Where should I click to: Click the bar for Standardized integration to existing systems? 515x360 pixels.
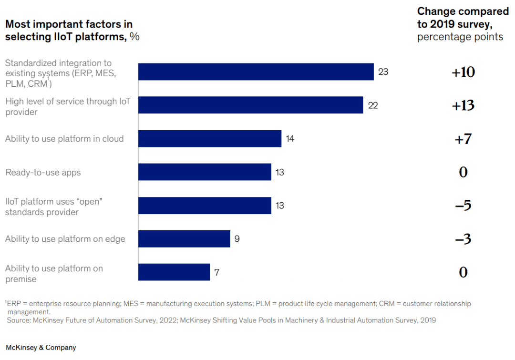[x=256, y=72]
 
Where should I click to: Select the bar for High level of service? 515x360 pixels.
[x=251, y=105]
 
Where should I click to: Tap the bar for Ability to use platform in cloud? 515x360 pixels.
[x=210, y=139]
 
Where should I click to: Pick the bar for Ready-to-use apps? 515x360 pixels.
[x=205, y=172]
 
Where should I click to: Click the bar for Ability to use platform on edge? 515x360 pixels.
[x=184, y=239]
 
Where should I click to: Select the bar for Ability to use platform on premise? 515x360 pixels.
[x=174, y=272]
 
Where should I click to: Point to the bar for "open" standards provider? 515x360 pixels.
[x=205, y=206]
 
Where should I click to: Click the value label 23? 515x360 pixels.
[x=383, y=72]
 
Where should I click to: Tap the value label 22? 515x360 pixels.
[x=373, y=105]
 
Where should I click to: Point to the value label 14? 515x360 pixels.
[x=290, y=139]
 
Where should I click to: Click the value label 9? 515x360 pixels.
[x=237, y=239]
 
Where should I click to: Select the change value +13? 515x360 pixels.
[x=463, y=105]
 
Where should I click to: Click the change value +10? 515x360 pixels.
[x=463, y=72]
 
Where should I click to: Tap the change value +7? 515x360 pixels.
[x=463, y=139]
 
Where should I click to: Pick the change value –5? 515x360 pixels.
[x=463, y=206]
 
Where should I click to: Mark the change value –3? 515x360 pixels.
[x=463, y=239]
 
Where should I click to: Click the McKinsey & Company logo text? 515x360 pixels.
[x=41, y=348]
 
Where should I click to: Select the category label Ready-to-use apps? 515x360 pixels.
[x=43, y=173]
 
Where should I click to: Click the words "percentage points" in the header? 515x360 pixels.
[x=460, y=37]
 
